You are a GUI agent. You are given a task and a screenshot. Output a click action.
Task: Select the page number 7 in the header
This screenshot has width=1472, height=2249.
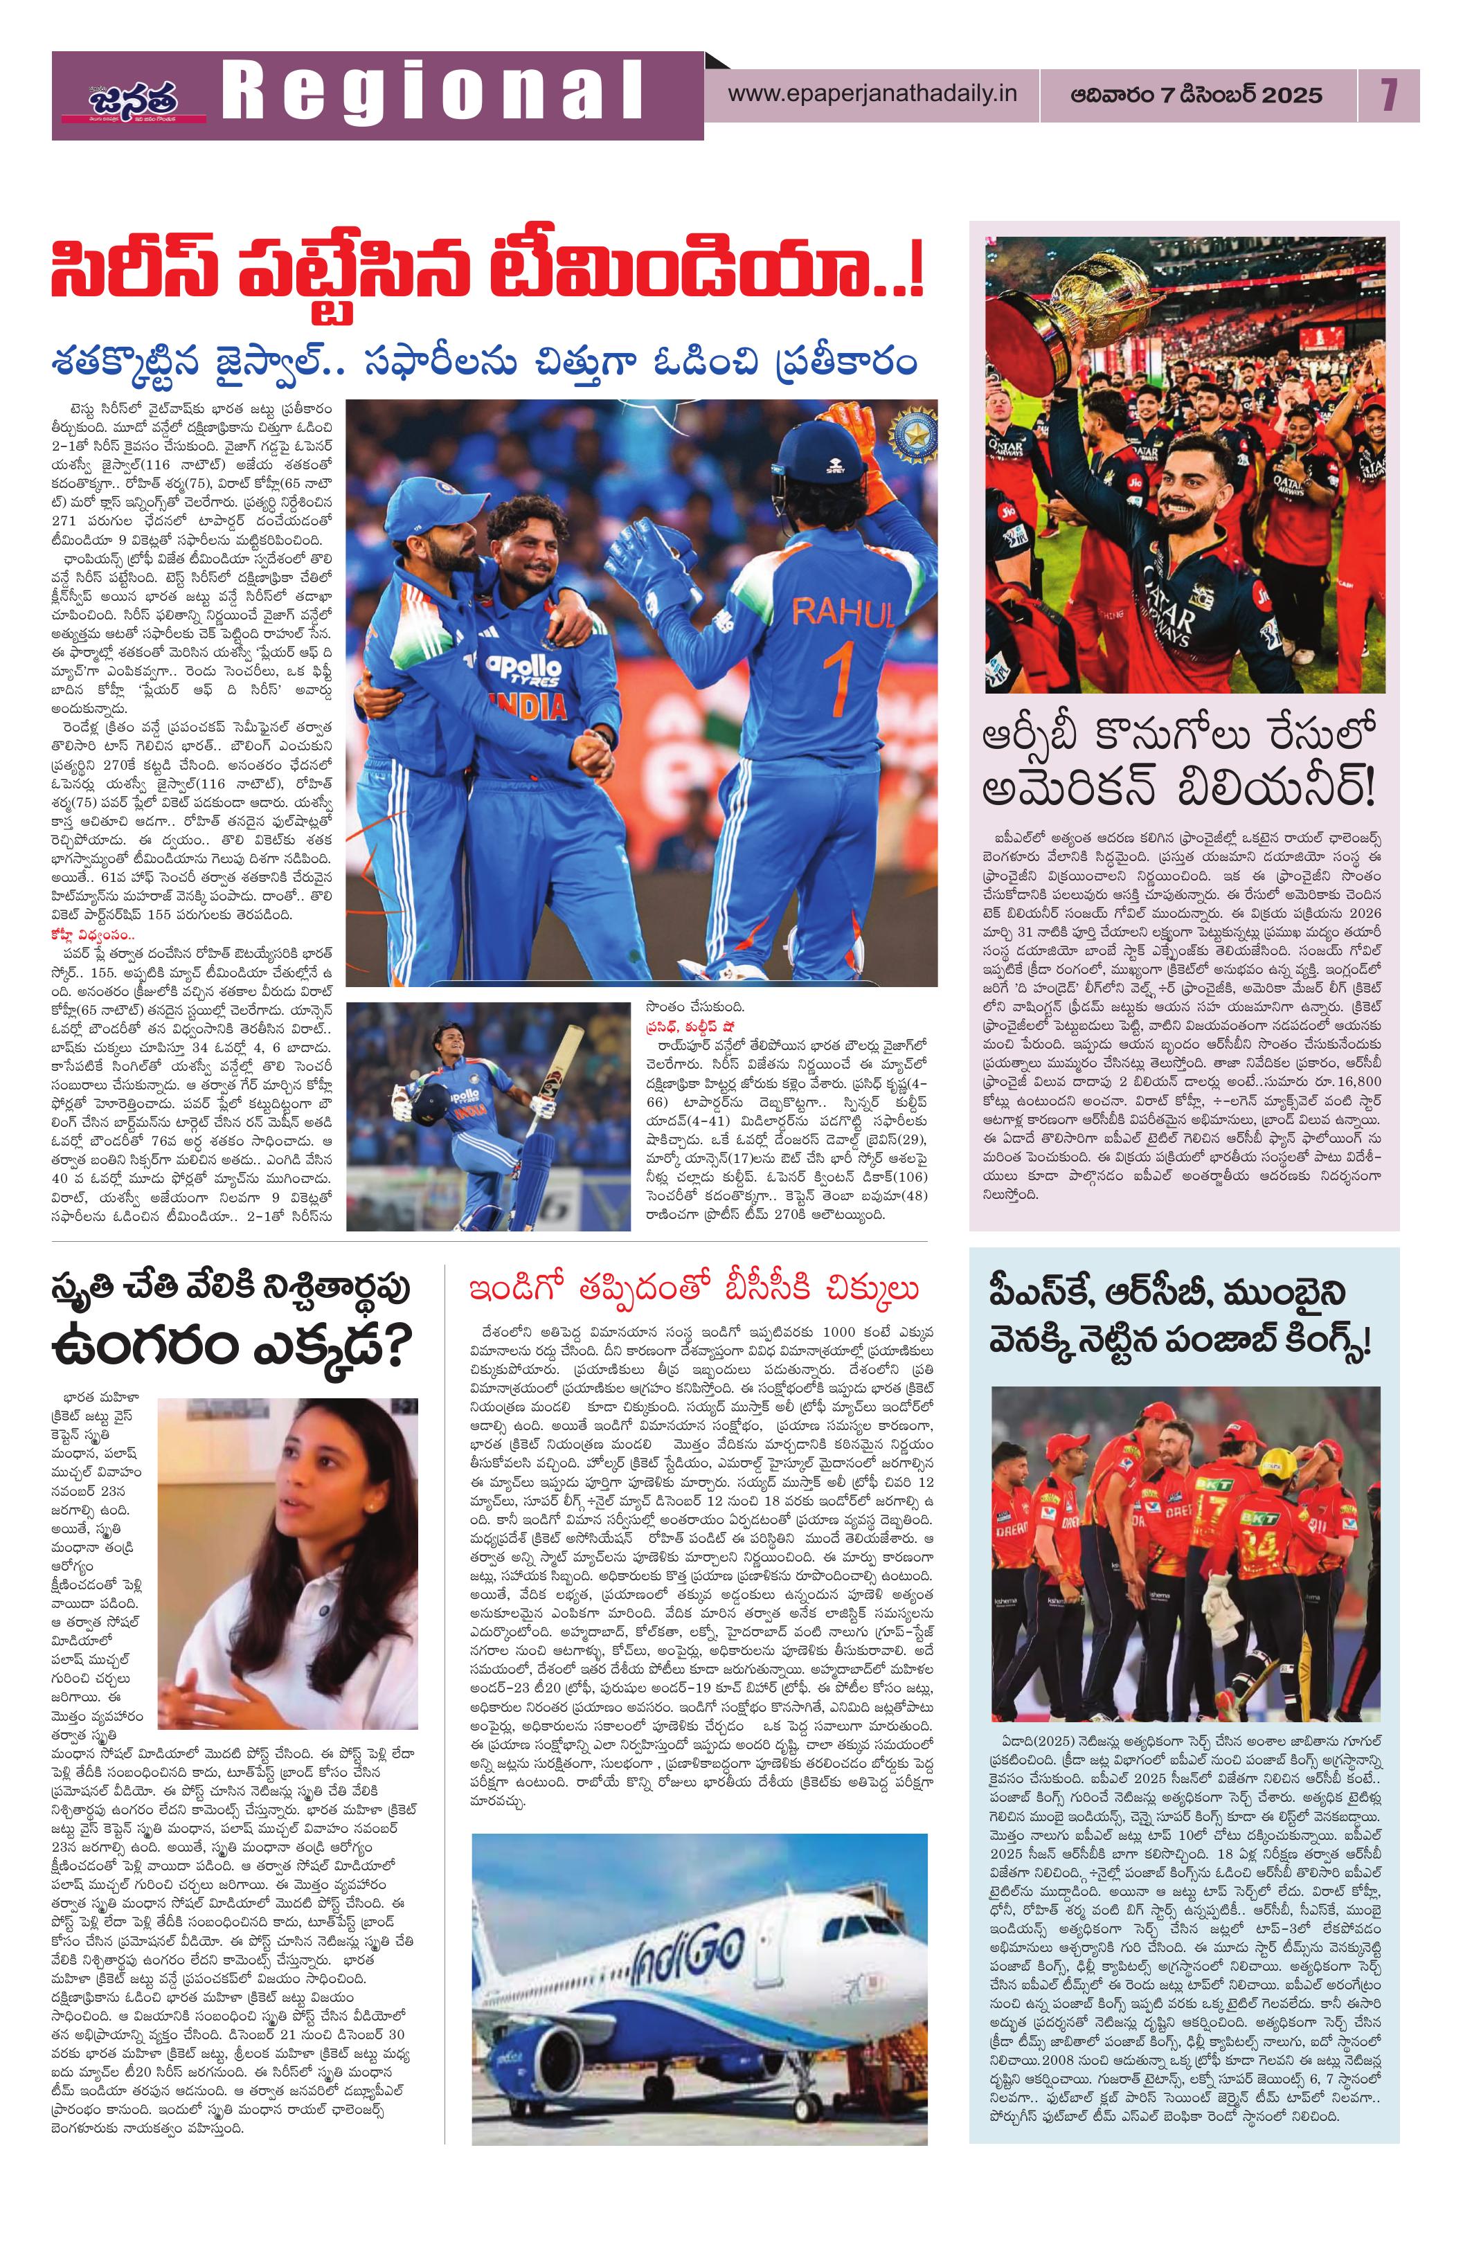[x=1387, y=96]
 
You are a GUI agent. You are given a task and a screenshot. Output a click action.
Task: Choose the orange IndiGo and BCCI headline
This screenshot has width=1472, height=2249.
[x=695, y=1289]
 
